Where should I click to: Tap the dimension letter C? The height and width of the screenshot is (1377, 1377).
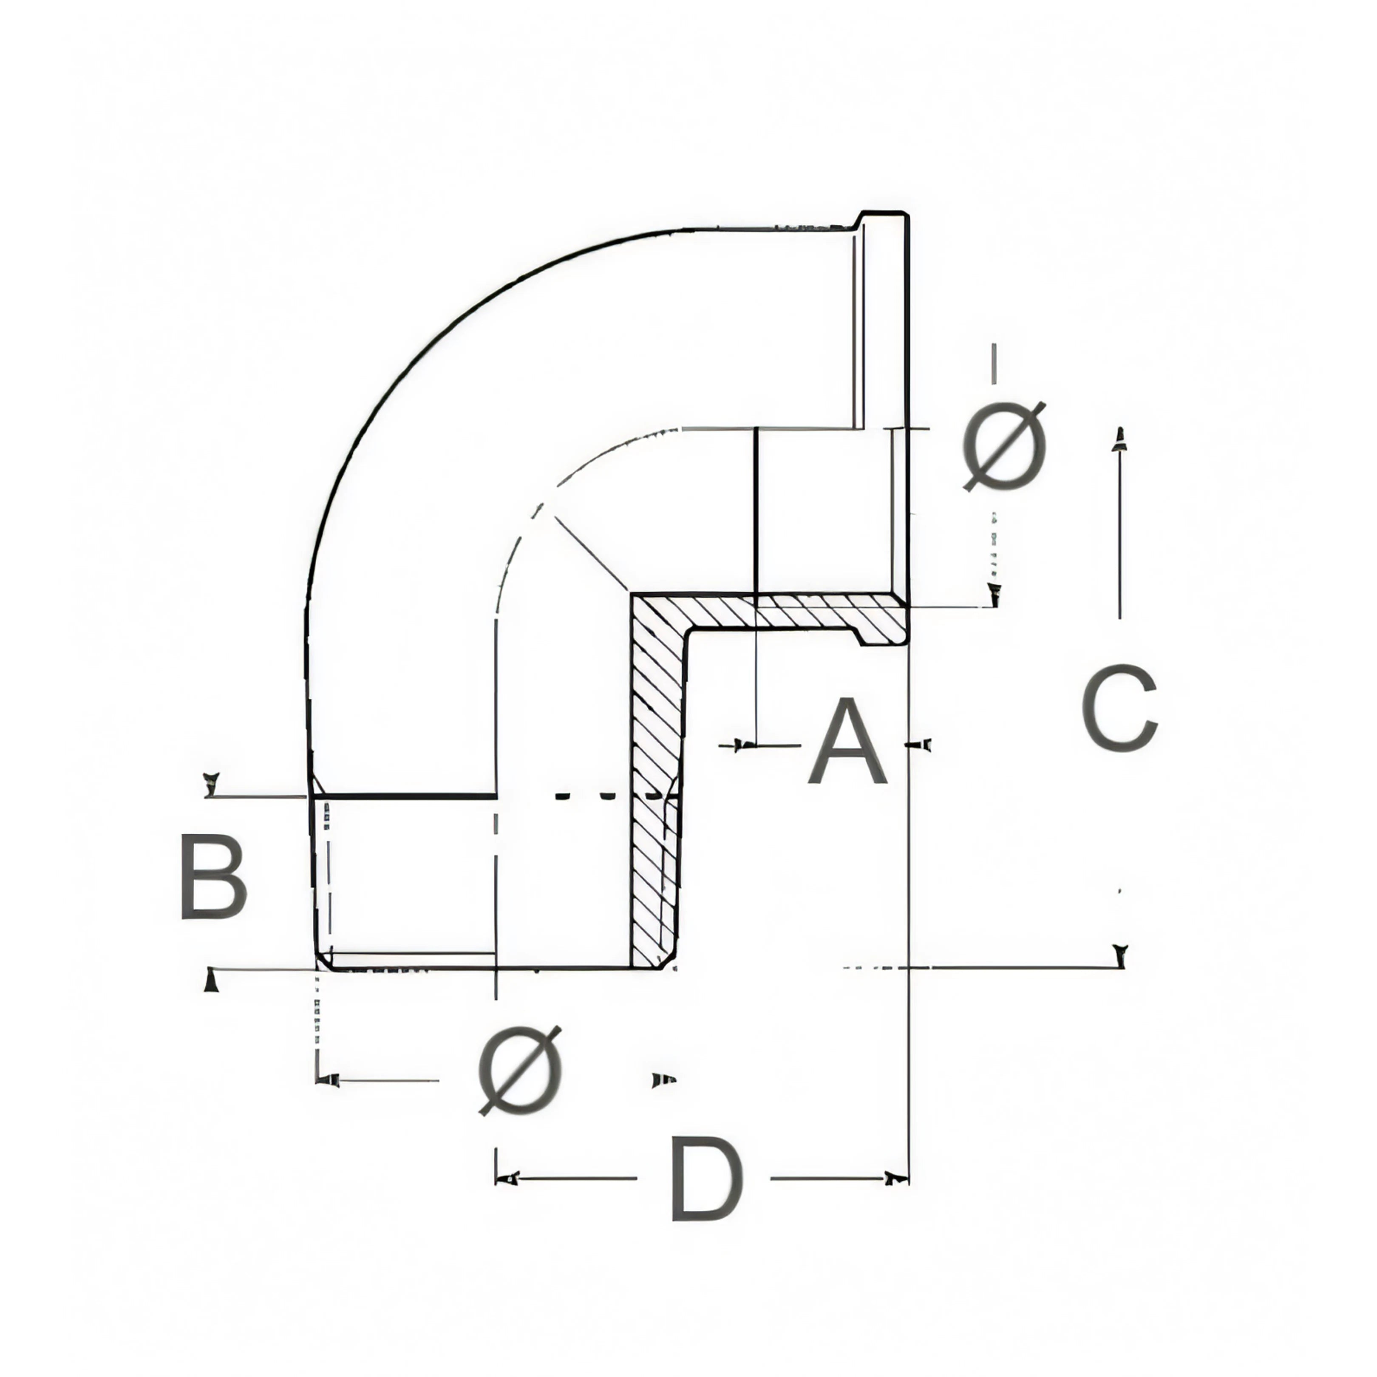[x=1119, y=708]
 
